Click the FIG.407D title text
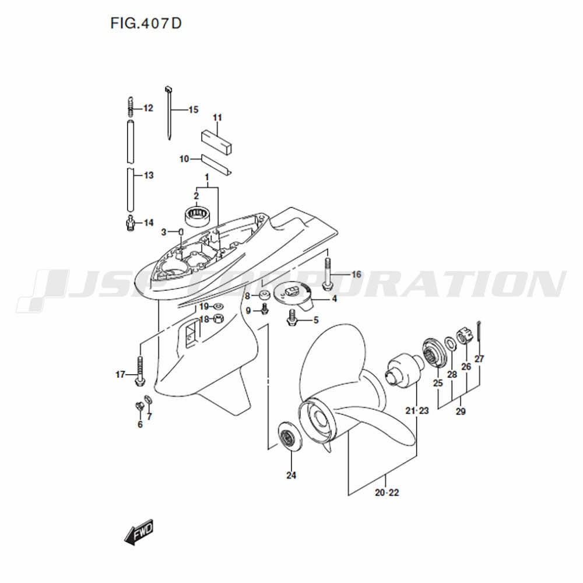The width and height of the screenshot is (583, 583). point(146,23)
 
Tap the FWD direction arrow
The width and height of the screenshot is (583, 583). point(139,532)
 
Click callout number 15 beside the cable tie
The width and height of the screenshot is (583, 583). point(194,110)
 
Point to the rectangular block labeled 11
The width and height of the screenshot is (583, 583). point(217,141)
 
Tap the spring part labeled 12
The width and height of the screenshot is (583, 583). point(130,106)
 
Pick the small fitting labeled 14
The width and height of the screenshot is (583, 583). point(130,222)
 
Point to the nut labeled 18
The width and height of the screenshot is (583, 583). point(218,319)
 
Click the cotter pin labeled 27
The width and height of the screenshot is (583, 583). point(479,335)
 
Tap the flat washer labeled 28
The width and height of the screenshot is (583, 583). point(450,343)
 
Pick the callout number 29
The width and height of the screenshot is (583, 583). point(461,412)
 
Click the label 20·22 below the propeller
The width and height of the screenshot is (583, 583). point(387,493)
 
